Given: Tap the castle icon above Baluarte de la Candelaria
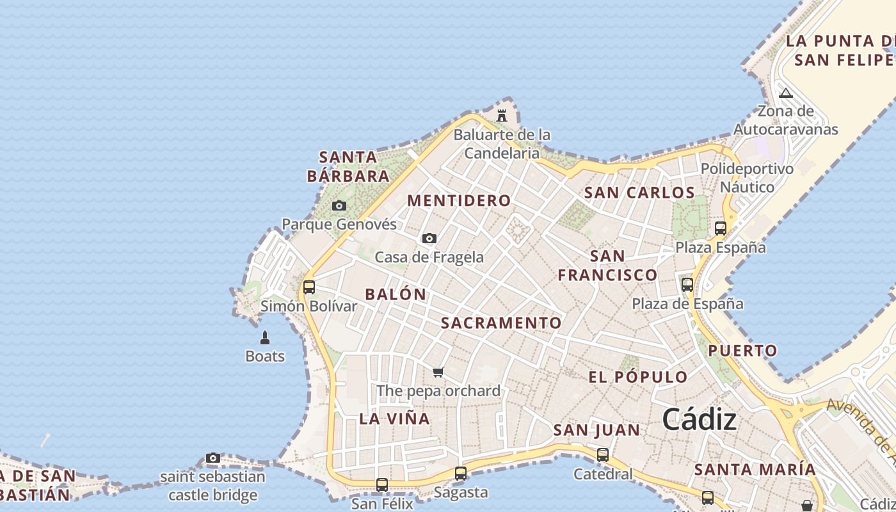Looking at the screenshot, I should [x=502, y=116].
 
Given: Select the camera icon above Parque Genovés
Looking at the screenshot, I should [x=339, y=206].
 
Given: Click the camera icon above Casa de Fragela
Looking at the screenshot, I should [x=429, y=239].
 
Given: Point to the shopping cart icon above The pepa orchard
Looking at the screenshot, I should [x=438, y=372].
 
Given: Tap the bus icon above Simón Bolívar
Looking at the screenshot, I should [x=309, y=287].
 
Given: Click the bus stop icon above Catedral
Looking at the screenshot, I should [x=603, y=455].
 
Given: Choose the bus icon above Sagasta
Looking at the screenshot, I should [x=461, y=474].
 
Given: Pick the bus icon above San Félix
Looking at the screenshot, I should [x=382, y=484].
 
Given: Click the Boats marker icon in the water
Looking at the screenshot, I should [x=265, y=337].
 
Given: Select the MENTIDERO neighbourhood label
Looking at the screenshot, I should [x=459, y=200].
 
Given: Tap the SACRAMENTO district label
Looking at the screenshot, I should [x=501, y=323].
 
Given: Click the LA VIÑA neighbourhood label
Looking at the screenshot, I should [x=394, y=419].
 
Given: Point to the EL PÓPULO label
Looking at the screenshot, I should [x=637, y=377].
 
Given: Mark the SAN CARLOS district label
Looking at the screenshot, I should [x=639, y=193].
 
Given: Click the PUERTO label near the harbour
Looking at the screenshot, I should [x=742, y=351].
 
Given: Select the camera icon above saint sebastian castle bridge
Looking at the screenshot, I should [x=213, y=458].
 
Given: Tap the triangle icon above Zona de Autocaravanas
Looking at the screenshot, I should [x=786, y=93].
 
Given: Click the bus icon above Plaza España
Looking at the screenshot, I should [x=721, y=228].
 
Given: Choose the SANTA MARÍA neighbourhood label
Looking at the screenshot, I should [x=755, y=469].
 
